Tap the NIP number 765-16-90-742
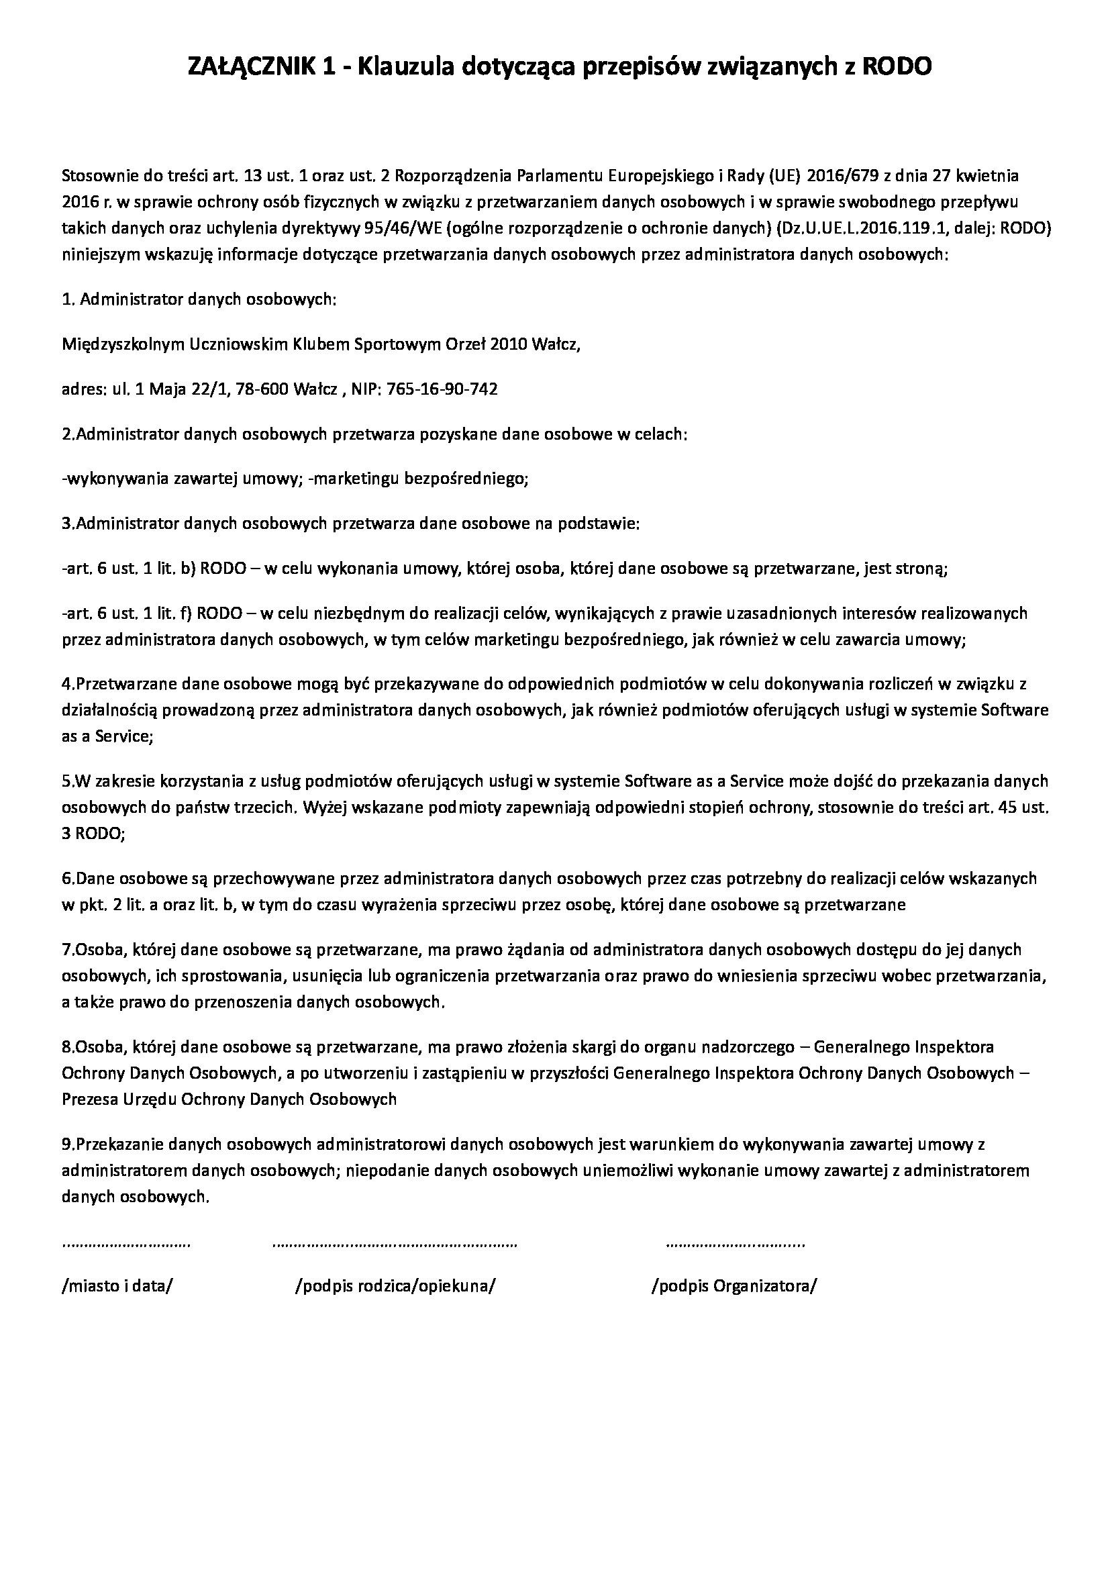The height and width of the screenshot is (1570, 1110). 442,390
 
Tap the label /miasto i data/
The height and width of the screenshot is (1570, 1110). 117,1286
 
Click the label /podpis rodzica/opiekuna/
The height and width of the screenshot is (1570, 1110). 395,1286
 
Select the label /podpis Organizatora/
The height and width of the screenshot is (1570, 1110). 735,1286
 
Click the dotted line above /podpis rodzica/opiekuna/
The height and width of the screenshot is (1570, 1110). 395,1244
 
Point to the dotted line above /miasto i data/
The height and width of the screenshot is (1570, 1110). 126,1244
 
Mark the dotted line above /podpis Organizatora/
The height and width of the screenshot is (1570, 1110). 736,1244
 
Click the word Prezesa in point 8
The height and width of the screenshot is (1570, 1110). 88,1099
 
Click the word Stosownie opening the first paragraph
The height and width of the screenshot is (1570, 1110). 99,176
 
